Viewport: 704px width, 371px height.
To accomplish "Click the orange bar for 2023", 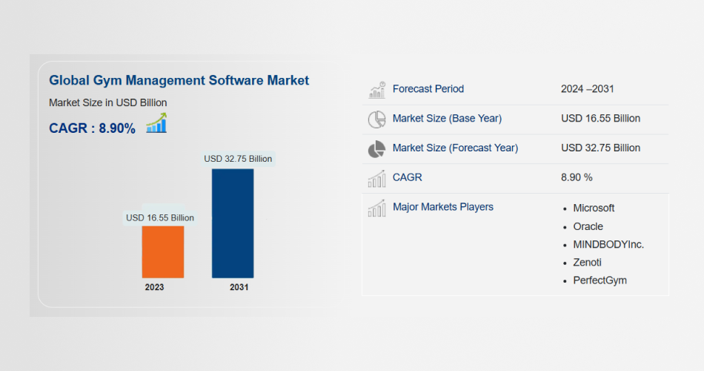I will tap(163, 252).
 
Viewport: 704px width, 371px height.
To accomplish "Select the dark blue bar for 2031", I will tap(233, 223).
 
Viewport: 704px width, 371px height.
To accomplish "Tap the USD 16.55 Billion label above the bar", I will tap(160, 217).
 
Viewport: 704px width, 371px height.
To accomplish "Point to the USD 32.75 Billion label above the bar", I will tap(238, 158).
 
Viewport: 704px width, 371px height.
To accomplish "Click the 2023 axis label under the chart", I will tap(155, 287).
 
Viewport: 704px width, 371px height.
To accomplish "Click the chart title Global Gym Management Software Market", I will tap(179, 80).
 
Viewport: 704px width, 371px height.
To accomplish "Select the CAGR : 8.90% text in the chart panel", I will tap(92, 128).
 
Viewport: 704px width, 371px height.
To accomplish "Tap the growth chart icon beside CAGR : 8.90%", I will tap(156, 123).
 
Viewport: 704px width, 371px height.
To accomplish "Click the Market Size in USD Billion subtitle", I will tap(107, 102).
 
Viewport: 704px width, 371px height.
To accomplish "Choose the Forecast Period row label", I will tap(428, 89).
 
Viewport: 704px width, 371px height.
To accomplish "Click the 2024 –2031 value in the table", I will tap(588, 89).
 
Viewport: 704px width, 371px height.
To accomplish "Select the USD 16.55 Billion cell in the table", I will tap(600, 118).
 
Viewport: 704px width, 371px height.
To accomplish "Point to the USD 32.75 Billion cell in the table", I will tap(600, 148).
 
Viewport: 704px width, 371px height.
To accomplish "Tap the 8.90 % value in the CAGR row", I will tap(577, 177).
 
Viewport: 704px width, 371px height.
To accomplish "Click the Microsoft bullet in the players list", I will tap(594, 208).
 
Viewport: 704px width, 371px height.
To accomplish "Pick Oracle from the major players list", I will tap(588, 226).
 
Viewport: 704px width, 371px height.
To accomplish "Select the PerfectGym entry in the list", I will tap(600, 280).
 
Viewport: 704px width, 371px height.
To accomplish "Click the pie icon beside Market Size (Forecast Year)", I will tap(377, 148).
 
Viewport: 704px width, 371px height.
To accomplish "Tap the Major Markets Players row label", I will tap(443, 207).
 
